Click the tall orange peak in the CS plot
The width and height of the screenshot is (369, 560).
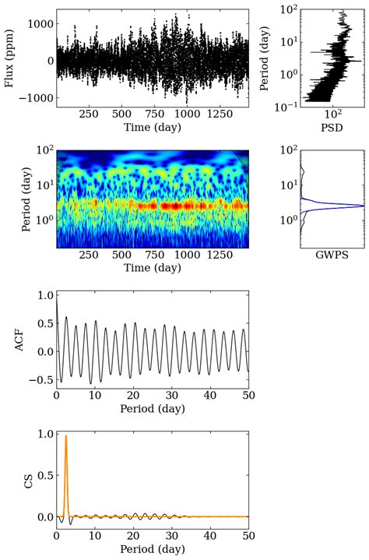(66, 437)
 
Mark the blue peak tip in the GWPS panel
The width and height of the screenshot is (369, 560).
(363, 206)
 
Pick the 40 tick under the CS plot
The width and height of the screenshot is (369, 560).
(210, 537)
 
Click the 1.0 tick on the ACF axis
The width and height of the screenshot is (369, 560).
(44, 296)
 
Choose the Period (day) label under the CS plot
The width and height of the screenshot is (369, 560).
(153, 551)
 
